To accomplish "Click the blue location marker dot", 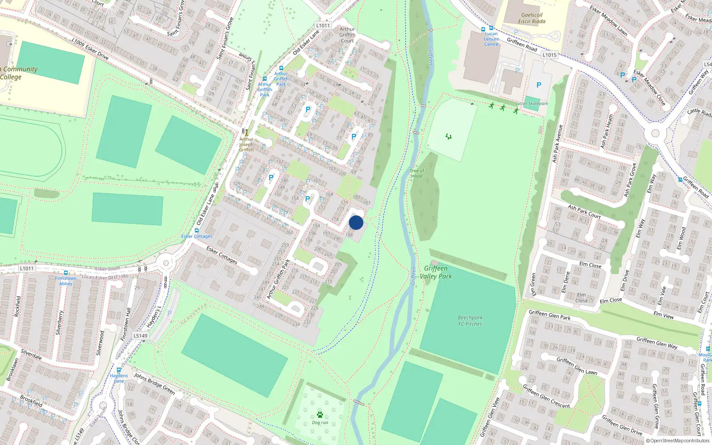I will (x=356, y=223).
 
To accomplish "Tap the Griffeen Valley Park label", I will (x=436, y=272).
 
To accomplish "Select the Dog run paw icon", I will (x=320, y=415).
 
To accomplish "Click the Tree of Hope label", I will (x=417, y=173).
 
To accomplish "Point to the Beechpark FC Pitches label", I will (x=470, y=321).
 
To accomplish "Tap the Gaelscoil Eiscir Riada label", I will (x=532, y=18).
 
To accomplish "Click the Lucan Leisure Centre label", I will (x=491, y=39).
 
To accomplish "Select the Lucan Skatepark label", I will (x=532, y=103).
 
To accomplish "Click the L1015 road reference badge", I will (x=550, y=55).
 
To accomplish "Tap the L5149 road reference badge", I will (x=141, y=336).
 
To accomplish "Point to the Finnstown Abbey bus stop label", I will (x=66, y=281).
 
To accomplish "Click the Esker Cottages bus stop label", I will (x=197, y=236).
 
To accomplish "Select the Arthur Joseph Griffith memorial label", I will (x=246, y=144).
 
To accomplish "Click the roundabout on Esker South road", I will (x=166, y=263).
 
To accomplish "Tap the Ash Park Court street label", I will (x=584, y=211).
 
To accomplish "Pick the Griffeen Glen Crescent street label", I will (x=546, y=396).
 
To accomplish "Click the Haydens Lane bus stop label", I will (x=119, y=378).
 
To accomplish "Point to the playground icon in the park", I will (x=449, y=136).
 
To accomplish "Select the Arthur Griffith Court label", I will (x=347, y=35).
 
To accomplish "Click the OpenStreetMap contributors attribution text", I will (x=678, y=441).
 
